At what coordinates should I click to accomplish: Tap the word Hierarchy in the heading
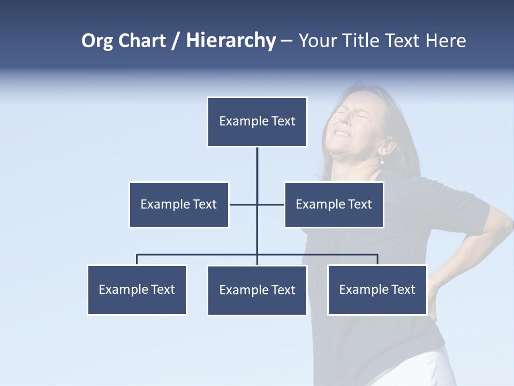pyautogui.click(x=231, y=41)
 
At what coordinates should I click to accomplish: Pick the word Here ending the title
pyautogui.click(x=445, y=41)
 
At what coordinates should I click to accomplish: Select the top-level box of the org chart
pyautogui.click(x=257, y=122)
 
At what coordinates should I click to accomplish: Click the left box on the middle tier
pyautogui.click(x=179, y=204)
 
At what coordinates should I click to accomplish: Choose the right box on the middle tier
pyautogui.click(x=334, y=204)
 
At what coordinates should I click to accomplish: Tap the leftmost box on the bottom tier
pyautogui.click(x=137, y=289)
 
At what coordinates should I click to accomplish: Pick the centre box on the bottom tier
pyautogui.click(x=257, y=290)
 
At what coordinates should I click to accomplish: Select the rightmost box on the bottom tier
pyautogui.click(x=377, y=289)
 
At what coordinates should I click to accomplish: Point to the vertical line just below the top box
pyautogui.click(x=257, y=164)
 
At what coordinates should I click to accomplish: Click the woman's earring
pyautogui.click(x=382, y=161)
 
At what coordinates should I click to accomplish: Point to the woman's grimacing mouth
pyautogui.click(x=342, y=134)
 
